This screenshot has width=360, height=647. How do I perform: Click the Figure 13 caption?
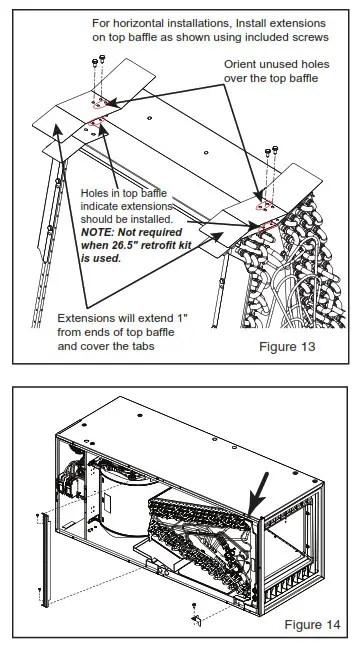pos(287,346)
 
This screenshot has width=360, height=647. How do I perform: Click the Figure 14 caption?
pos(313,624)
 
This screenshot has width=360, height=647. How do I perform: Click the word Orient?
pos(240,64)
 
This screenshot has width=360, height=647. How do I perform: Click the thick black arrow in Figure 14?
pos(258,494)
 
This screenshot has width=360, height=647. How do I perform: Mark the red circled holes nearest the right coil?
pos(266,227)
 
